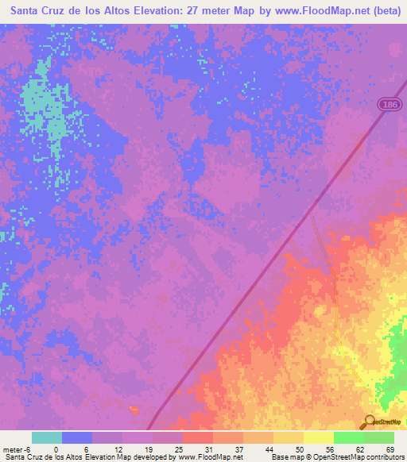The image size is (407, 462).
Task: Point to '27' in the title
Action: pos(196,12)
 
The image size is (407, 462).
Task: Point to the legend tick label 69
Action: pos(390,449)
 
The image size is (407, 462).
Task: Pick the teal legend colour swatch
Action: pos(47,437)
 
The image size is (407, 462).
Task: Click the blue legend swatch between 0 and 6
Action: pos(77,437)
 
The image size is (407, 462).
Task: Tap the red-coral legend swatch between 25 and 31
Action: pos(198,437)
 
